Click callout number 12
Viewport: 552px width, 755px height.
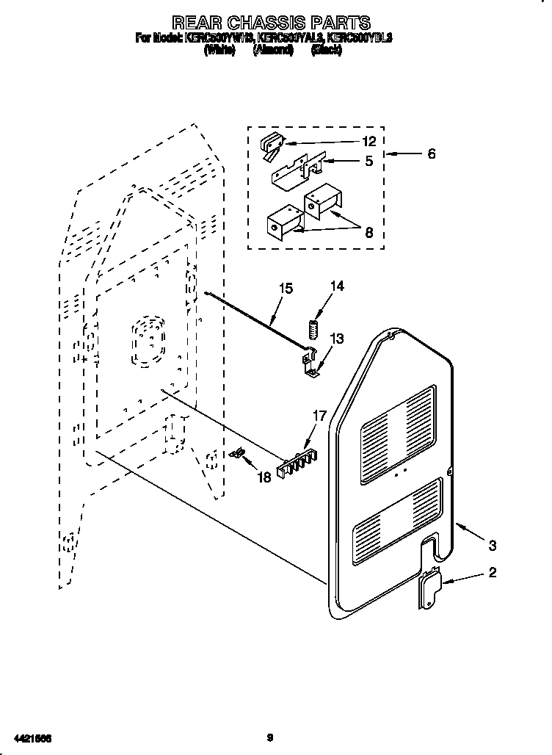(x=368, y=142)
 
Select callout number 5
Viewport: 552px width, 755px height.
(x=368, y=161)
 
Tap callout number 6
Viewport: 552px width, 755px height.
(x=431, y=154)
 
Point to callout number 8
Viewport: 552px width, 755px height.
(x=368, y=234)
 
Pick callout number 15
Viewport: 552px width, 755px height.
(x=286, y=289)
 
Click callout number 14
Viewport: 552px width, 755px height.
(x=337, y=286)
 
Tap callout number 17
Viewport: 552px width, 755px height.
(x=320, y=416)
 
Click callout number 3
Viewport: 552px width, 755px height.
(x=493, y=545)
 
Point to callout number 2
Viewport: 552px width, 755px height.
(x=493, y=573)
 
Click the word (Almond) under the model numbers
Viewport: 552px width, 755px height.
(x=272, y=50)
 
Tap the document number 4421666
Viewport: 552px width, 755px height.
(x=33, y=737)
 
